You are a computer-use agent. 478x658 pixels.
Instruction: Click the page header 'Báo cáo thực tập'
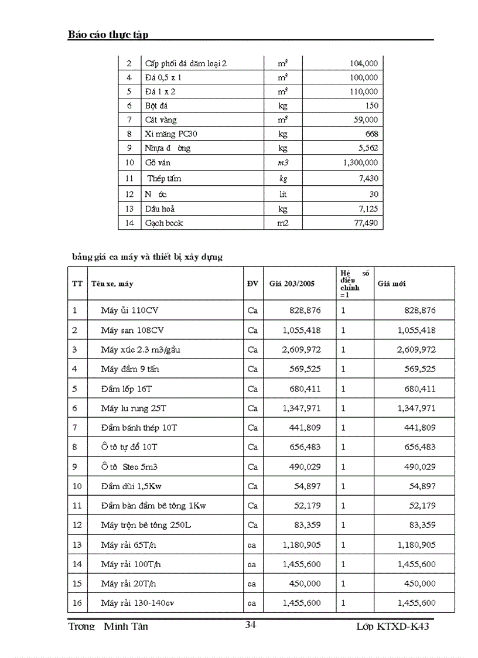point(108,35)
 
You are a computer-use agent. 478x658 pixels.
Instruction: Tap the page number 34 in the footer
point(250,625)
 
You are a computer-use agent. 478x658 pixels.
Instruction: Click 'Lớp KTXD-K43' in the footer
point(397,626)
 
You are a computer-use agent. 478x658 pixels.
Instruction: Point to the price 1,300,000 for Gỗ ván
point(360,163)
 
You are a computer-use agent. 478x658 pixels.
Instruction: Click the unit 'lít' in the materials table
point(283,194)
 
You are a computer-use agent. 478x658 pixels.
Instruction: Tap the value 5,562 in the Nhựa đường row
point(367,148)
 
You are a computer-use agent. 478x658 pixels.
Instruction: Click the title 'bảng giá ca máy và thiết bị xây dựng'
point(147,257)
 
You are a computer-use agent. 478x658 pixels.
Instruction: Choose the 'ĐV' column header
point(252,284)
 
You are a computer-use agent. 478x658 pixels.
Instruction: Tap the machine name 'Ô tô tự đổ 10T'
point(129,447)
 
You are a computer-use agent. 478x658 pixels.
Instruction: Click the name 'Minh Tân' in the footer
point(126,626)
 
